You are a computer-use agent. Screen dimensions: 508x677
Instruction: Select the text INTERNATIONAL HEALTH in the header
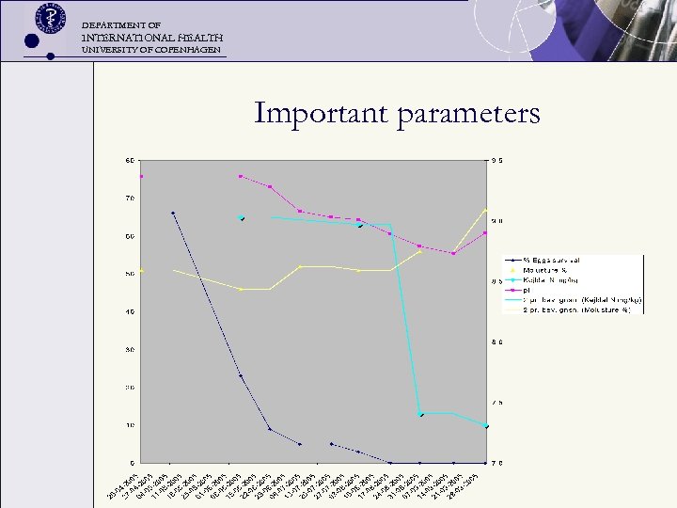click(x=152, y=36)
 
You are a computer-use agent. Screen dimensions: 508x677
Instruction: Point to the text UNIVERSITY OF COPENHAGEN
click(x=151, y=49)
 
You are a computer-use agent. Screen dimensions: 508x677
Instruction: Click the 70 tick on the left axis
click(x=130, y=198)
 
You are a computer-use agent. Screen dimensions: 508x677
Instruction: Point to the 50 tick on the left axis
click(x=130, y=274)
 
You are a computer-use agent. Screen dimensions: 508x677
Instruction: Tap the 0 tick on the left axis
click(x=132, y=463)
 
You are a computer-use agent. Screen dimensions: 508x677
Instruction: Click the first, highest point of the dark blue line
click(x=173, y=213)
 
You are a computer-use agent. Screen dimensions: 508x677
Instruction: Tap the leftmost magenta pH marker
click(x=141, y=176)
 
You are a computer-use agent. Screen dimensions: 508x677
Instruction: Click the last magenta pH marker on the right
click(x=485, y=232)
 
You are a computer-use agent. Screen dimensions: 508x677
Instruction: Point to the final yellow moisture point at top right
click(x=485, y=210)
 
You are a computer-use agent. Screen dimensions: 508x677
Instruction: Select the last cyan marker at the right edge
click(x=485, y=426)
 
